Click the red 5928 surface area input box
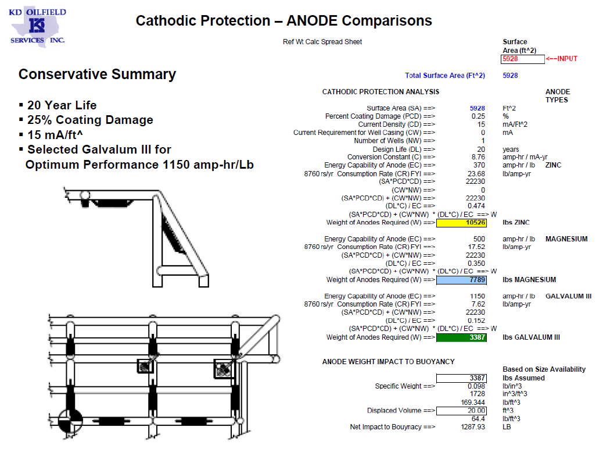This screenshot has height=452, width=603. click(522, 59)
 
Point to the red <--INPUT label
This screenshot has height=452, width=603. click(562, 59)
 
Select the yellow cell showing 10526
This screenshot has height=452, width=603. click(461, 223)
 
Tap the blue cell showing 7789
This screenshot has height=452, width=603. click(461, 280)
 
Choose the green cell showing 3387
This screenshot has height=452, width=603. click(461, 337)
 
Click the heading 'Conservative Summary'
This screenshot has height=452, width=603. click(97, 74)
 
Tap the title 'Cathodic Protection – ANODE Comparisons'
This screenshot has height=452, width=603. click(283, 21)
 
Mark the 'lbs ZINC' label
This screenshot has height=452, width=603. click(516, 223)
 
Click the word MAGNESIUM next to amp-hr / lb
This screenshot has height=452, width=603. click(566, 239)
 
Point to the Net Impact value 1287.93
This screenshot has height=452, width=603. click(472, 428)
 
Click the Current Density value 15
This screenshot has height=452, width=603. click(481, 124)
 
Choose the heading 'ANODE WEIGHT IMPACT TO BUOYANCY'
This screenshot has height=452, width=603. click(388, 362)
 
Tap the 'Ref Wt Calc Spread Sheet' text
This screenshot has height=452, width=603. click(322, 42)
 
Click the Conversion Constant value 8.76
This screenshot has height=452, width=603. click(478, 157)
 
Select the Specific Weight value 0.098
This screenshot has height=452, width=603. click(476, 386)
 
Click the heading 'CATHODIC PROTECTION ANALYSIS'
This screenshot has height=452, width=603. click(381, 92)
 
